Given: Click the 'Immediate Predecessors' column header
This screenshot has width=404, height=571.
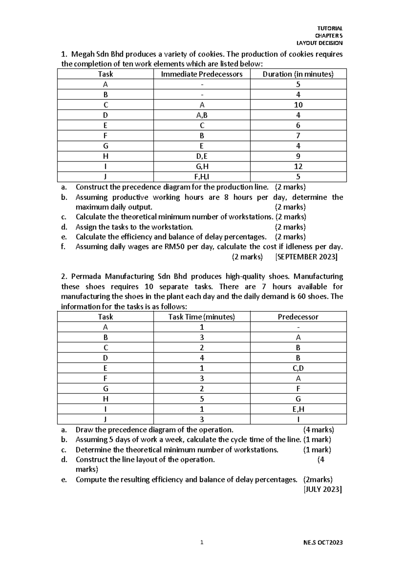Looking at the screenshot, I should [x=202, y=74].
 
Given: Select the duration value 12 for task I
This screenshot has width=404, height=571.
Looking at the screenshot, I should [x=298, y=167].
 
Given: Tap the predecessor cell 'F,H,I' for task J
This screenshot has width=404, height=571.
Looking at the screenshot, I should [x=202, y=177].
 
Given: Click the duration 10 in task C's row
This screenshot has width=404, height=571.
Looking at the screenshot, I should [x=298, y=105].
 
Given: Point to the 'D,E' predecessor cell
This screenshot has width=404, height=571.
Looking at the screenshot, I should [x=202, y=156].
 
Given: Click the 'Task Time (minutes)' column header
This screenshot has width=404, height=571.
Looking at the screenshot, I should [x=202, y=317].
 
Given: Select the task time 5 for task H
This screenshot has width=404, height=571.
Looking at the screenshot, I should [x=202, y=399].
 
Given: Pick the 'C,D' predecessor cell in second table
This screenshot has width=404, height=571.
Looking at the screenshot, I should [x=298, y=368].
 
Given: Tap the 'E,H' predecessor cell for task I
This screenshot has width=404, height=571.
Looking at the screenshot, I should [x=298, y=409].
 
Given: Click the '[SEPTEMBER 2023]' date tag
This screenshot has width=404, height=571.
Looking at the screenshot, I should [x=306, y=257].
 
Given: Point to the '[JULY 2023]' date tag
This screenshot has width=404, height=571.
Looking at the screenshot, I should [x=323, y=490].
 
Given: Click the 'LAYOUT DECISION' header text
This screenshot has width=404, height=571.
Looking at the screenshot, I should [x=319, y=43].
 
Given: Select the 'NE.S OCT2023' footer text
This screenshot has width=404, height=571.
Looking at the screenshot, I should [x=323, y=542].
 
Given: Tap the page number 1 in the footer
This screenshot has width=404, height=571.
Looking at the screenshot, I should [x=202, y=542].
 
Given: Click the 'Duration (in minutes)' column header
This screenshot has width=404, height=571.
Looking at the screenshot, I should [x=298, y=74].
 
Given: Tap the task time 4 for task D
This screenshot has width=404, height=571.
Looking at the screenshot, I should [x=202, y=358].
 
